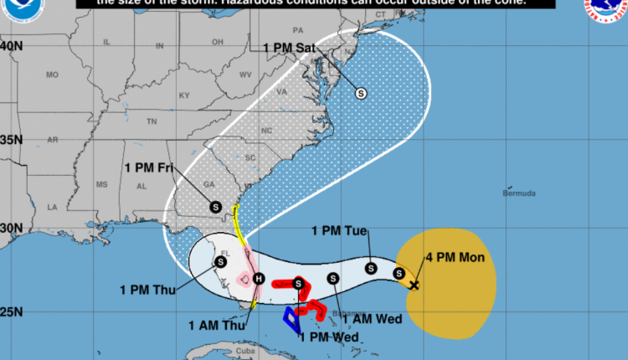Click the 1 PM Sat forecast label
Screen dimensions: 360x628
(x=288, y=48)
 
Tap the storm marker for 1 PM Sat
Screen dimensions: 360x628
(x=361, y=93)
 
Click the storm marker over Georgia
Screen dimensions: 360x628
(x=215, y=206)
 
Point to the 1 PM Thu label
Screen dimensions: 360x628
(x=147, y=291)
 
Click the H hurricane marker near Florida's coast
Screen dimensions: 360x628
(x=259, y=279)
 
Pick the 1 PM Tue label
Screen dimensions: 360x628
(x=339, y=230)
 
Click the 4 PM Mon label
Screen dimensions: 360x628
(x=455, y=257)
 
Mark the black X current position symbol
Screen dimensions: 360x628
(x=414, y=285)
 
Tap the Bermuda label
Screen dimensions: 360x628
(x=518, y=193)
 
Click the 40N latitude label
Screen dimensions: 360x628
(x=12, y=45)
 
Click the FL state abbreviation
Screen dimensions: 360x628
(x=224, y=251)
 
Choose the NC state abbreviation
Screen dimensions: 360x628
(x=267, y=131)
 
